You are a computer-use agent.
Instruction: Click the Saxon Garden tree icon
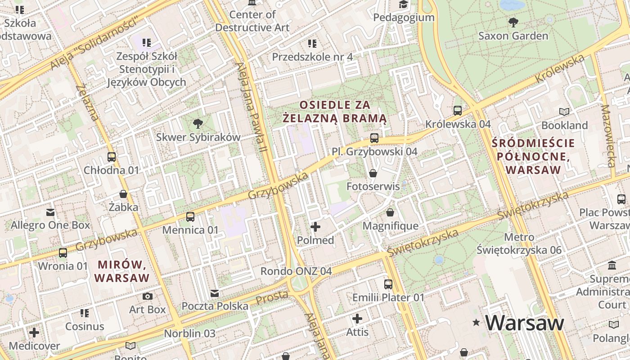pyautogui.click(x=513, y=22)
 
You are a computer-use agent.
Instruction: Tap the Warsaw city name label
pyautogui.click(x=525, y=323)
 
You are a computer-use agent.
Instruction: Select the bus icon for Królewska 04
pyautogui.click(x=458, y=110)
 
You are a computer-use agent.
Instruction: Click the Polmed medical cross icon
pyautogui.click(x=315, y=227)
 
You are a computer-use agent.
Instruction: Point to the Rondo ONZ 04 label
pyautogui.click(x=296, y=271)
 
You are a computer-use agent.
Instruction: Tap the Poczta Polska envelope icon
pyautogui.click(x=215, y=293)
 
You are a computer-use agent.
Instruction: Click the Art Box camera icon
pyautogui.click(x=147, y=296)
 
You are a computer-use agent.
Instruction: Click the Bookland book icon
pyautogui.click(x=564, y=112)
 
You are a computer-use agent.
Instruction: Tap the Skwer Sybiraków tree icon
pyautogui.click(x=198, y=123)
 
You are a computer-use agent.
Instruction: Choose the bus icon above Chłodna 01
pyautogui.click(x=112, y=157)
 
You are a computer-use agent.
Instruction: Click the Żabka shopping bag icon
pyautogui.click(x=123, y=194)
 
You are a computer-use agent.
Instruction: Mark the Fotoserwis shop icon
pyautogui.click(x=373, y=173)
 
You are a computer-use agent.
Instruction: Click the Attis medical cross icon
pyautogui.click(x=357, y=319)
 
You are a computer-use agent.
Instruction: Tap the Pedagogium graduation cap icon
pyautogui.click(x=403, y=4)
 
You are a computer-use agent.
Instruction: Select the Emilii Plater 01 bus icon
pyautogui.click(x=388, y=284)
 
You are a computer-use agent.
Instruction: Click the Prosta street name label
pyautogui.click(x=272, y=297)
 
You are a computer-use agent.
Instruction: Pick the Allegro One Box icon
pyautogui.click(x=50, y=211)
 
